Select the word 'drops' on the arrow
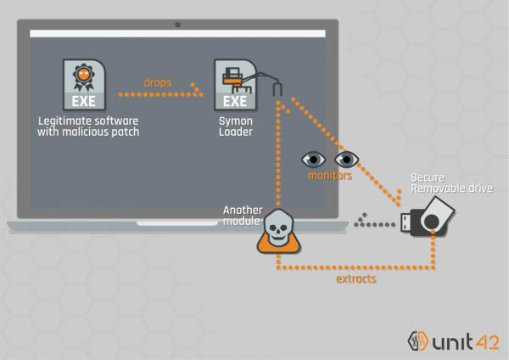157,82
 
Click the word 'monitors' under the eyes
331,176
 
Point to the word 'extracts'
355,278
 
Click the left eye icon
313,159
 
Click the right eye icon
345,159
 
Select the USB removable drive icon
429,218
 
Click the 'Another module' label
243,215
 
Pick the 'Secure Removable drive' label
451,182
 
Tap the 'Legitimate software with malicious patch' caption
88,127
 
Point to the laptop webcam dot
177,24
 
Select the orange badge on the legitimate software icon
83,76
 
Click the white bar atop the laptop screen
177,34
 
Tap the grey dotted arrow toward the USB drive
377,224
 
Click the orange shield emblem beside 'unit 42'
417,339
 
